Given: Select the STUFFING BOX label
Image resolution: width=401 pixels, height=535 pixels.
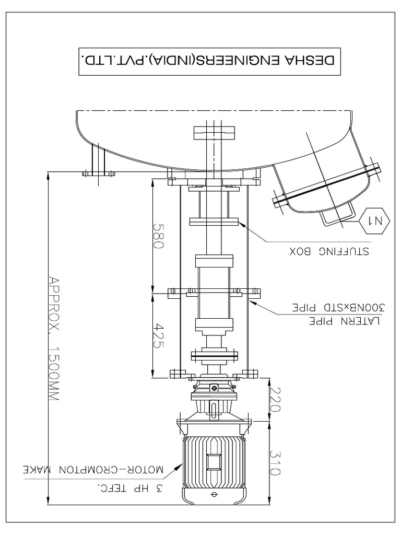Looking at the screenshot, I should tap(329, 251).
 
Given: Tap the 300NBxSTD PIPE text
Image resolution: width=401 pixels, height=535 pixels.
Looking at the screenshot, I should tap(339, 307).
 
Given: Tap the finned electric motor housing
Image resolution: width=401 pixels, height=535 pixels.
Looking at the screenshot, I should tap(214, 460).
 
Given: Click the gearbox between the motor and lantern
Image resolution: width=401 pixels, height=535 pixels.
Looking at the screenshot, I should tap(214, 400).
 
